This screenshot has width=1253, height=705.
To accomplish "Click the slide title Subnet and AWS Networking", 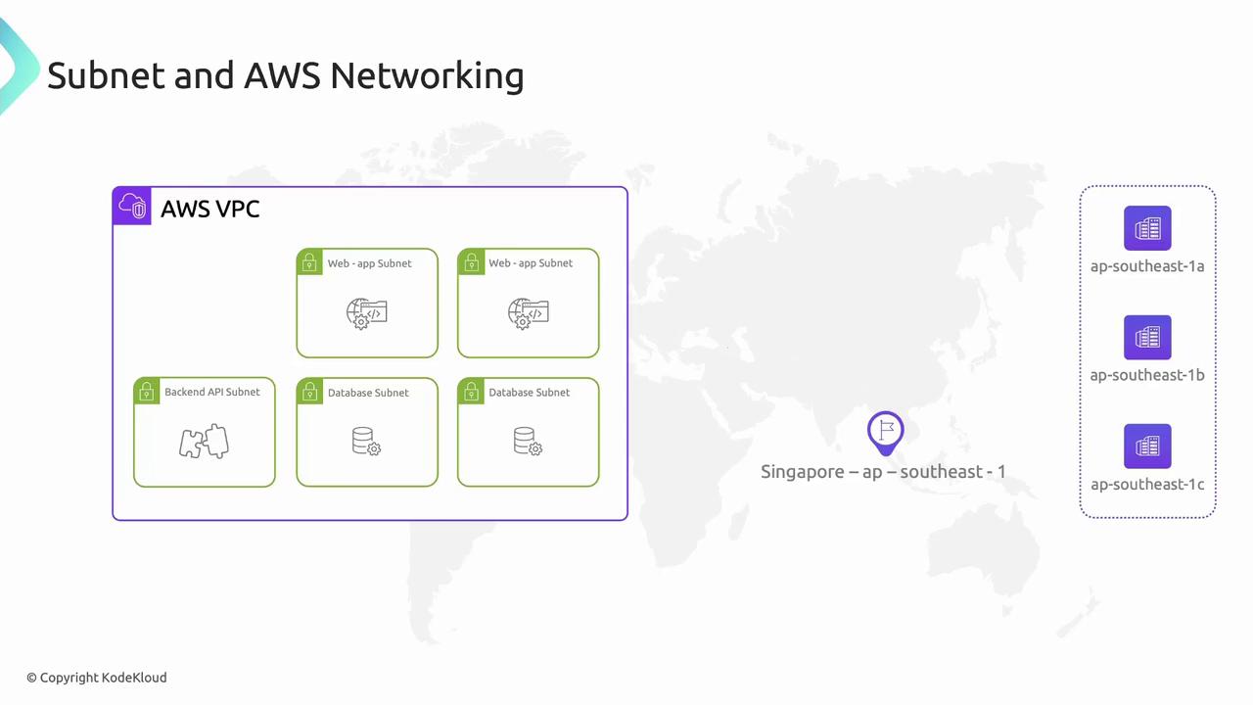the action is click(286, 75).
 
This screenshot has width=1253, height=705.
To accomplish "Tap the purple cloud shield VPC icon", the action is click(132, 206).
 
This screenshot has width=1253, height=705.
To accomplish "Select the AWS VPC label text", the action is click(209, 209).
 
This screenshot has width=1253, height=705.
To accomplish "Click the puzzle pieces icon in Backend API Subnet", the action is click(205, 442).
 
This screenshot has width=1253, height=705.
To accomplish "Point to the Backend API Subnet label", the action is click(212, 392).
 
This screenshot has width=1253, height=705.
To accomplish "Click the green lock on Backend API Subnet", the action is click(147, 391).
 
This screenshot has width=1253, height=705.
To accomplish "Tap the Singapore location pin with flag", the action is click(886, 433).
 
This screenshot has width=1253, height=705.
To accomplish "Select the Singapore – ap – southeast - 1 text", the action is click(883, 472).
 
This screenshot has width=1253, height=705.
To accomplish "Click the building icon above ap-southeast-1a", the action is click(1147, 228).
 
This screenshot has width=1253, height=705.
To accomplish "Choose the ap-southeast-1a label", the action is click(1147, 266).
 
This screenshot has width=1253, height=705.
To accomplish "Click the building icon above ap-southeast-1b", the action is click(1147, 337).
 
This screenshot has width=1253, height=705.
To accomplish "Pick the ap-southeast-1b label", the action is click(1147, 375).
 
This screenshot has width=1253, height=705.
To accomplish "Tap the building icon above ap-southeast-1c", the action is click(1147, 446).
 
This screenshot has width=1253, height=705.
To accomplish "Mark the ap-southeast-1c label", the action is click(1147, 484).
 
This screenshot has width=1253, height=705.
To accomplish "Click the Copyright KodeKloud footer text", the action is click(97, 678).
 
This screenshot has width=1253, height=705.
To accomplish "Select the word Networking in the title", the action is click(427, 75).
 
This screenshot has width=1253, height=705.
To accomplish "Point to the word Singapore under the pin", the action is click(802, 472).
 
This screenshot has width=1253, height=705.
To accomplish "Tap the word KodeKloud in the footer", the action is click(135, 678).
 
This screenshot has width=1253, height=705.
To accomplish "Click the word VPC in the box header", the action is click(237, 209).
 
